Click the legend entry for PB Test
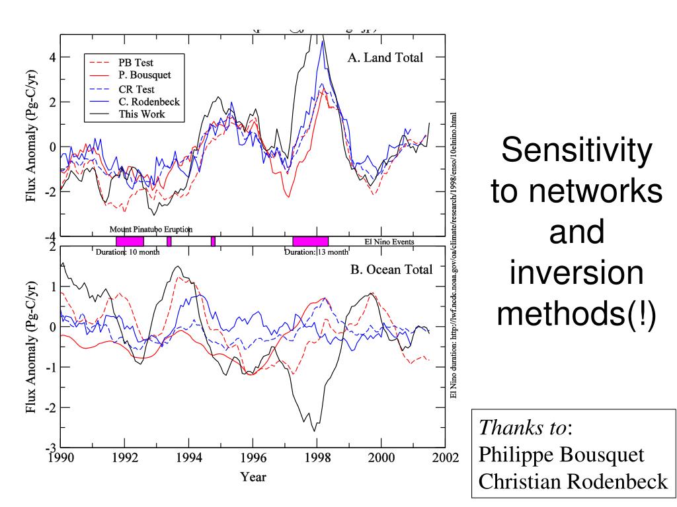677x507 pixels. (x=136, y=63)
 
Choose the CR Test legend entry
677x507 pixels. (x=136, y=88)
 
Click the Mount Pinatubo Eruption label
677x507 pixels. (x=151, y=229)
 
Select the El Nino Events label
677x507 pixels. (x=389, y=242)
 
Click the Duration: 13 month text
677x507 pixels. (x=316, y=252)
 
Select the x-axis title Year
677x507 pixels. (x=253, y=477)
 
